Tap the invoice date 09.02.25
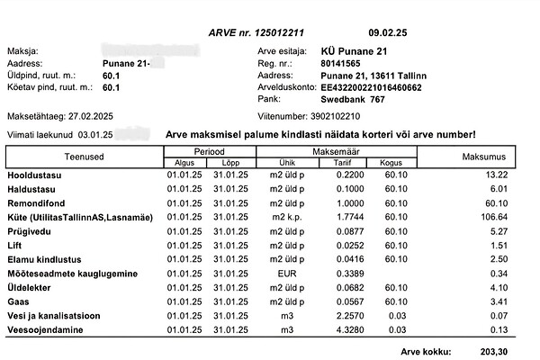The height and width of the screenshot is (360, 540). pyautogui.click(x=388, y=31)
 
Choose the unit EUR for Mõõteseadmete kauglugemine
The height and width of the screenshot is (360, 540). pyautogui.click(x=287, y=273)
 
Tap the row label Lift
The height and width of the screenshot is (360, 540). pyautogui.click(x=14, y=245)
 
